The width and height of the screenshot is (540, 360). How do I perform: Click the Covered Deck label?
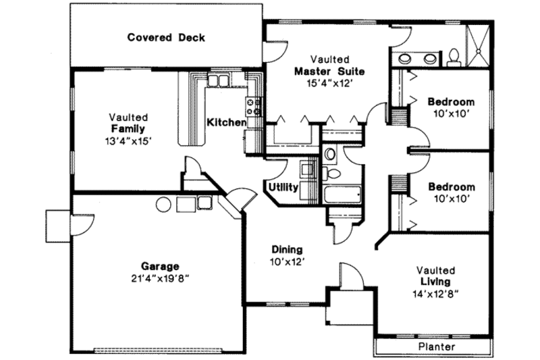tap(166, 37)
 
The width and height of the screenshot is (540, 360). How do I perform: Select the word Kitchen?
tap(226, 122)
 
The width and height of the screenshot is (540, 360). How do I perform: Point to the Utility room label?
tap(283, 187)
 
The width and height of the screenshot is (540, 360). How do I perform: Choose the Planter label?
tap(435, 346)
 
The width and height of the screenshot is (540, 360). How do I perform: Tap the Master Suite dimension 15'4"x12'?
tap(329, 82)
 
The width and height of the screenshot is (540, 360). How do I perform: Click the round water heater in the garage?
tap(163, 203)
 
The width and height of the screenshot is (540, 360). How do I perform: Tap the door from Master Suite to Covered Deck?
tap(274, 49)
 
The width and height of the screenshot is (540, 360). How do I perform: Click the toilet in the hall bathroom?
tap(330, 158)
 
